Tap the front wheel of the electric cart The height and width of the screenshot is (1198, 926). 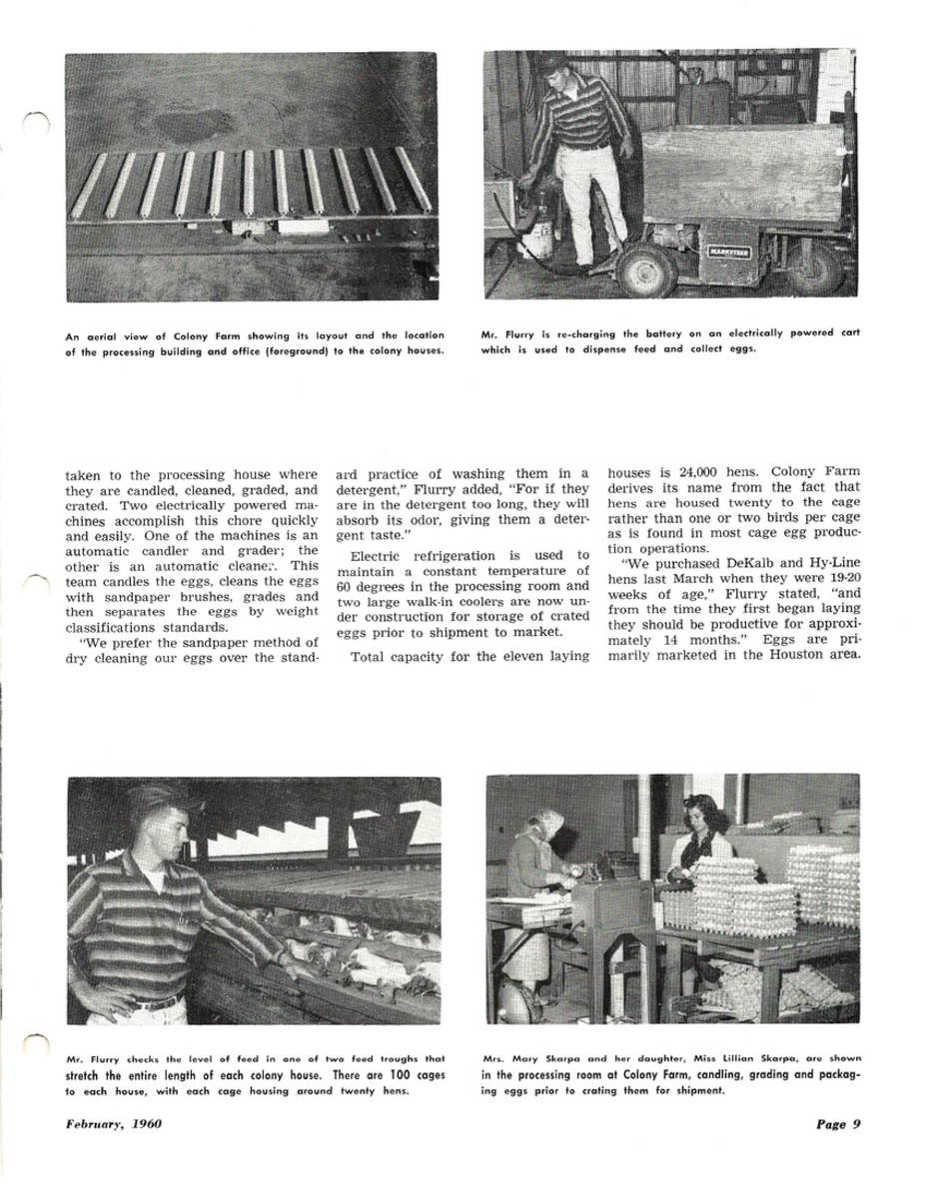[645, 271]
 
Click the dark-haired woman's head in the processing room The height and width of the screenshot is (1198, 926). [705, 816]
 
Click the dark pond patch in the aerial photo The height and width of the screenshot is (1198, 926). [193, 125]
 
